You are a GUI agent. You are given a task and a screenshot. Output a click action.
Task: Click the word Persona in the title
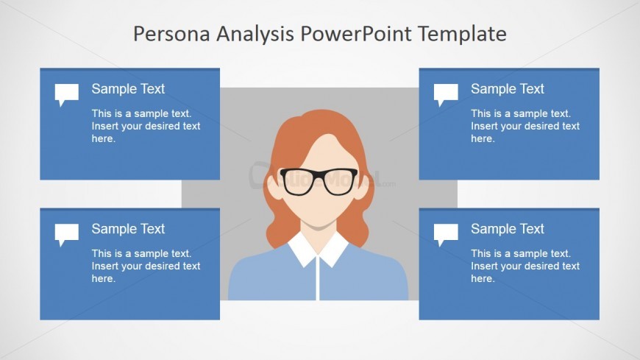[172, 34]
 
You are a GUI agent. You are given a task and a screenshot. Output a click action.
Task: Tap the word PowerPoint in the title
[356, 34]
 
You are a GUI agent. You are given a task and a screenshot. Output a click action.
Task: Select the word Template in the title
[462, 35]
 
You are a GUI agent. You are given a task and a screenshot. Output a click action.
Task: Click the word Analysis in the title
[255, 35]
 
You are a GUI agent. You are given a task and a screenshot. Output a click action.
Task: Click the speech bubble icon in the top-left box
[66, 94]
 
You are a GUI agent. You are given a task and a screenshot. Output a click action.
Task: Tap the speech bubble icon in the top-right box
[446, 94]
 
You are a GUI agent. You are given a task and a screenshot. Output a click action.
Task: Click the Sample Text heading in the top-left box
[128, 88]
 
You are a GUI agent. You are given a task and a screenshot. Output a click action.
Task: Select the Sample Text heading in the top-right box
[508, 88]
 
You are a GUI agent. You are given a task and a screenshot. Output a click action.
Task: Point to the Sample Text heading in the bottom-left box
[128, 229]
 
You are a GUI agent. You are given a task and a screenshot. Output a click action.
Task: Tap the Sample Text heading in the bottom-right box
[508, 229]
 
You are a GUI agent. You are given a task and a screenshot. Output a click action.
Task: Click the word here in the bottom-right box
[483, 279]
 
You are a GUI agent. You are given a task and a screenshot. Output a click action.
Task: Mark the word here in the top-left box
[104, 138]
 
